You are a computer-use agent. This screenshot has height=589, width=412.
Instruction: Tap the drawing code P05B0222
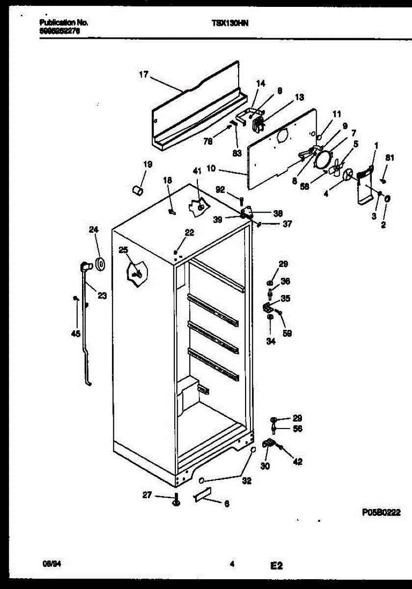click(x=381, y=512)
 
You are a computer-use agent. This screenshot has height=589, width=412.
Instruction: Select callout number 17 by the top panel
click(x=143, y=75)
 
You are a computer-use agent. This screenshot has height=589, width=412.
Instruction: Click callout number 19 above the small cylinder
click(x=148, y=164)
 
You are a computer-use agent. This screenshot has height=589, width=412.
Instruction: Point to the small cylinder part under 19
click(x=138, y=189)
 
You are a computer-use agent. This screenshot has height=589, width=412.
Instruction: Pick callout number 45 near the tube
click(x=76, y=335)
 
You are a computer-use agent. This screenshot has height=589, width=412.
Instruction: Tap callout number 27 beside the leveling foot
click(x=147, y=496)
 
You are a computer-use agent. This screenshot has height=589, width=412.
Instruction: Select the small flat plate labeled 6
click(x=202, y=496)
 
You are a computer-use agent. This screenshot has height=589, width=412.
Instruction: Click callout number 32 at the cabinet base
click(x=247, y=481)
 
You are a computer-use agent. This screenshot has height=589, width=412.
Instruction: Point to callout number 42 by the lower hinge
click(x=298, y=461)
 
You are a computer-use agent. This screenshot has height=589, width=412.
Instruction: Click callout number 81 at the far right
click(x=389, y=158)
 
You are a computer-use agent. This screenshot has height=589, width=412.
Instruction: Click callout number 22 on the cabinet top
click(x=189, y=233)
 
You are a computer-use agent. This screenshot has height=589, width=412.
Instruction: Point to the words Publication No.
click(x=57, y=23)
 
